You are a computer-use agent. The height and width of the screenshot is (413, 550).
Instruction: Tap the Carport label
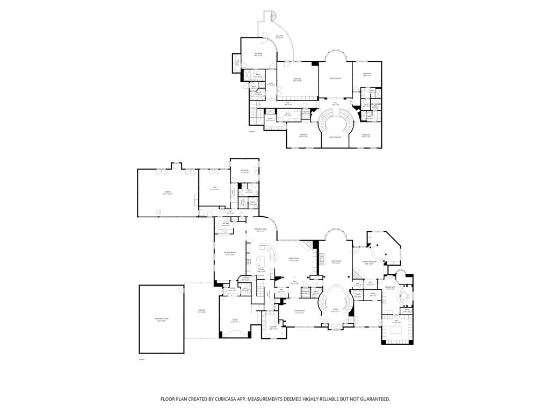click(x=202, y=311)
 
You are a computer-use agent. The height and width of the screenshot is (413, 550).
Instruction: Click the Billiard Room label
click(x=230, y=254)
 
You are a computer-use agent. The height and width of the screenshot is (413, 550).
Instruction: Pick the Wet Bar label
click(x=225, y=225)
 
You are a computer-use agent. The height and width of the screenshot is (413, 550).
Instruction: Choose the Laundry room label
click(x=273, y=327)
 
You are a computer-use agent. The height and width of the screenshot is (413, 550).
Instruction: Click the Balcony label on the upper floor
click(x=279, y=37)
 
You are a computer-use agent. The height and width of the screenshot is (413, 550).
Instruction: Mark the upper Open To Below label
click(x=336, y=79)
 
